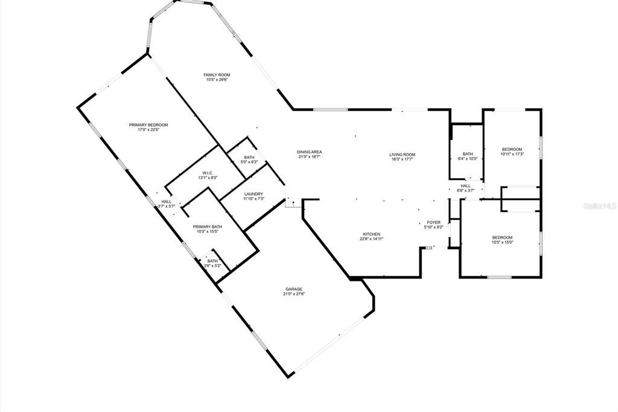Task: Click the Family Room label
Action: point(217,75)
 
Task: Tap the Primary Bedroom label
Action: point(148,125)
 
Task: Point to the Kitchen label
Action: point(371,234)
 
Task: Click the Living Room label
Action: point(402,155)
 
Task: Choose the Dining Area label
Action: point(308,152)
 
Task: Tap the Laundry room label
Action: point(253,194)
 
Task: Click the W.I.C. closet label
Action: point(208,173)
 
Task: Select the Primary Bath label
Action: point(208,227)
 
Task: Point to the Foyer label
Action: point(434,222)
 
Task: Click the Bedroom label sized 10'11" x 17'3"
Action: point(512,149)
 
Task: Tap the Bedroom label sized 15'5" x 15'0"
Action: point(502,237)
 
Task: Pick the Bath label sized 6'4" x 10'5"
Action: point(468,154)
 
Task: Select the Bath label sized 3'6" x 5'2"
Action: point(212,261)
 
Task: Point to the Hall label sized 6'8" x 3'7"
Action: point(465,185)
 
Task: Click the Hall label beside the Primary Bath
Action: point(166,202)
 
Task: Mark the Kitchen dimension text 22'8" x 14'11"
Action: point(371,239)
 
